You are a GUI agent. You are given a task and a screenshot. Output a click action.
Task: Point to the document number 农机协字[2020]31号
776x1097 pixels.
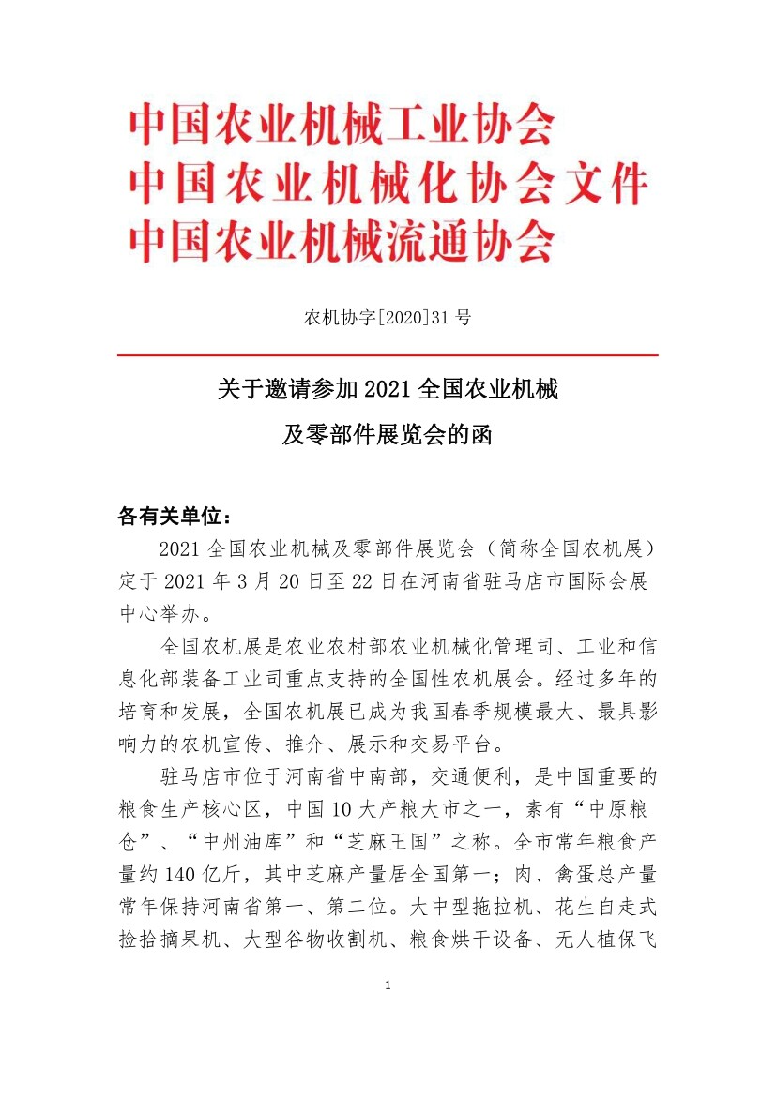pos(388,317)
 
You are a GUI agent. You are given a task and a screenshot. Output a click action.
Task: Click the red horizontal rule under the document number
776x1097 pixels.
pos(388,355)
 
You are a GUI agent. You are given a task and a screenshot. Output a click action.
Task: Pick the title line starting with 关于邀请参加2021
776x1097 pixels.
pos(388,389)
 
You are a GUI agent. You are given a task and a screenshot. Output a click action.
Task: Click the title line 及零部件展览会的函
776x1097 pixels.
pos(388,435)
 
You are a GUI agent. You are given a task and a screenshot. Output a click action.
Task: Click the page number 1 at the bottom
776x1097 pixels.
pos(388,985)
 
